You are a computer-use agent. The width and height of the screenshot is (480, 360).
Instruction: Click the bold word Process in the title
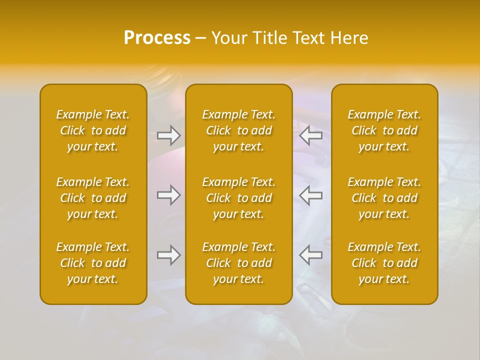point(157,38)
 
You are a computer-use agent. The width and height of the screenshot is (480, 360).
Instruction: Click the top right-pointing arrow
point(168,135)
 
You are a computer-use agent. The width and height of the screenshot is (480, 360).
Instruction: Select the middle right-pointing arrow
point(168,195)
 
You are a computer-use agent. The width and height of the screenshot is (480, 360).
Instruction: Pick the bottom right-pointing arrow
point(168,255)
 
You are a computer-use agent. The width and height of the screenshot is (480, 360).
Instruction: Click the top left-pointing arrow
point(310,135)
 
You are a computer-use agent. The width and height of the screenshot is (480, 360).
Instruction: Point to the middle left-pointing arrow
point(310,195)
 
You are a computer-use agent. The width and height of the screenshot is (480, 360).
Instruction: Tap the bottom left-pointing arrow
point(310,255)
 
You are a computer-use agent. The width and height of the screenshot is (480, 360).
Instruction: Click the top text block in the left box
point(93,130)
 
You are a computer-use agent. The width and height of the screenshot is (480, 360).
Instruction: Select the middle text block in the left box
point(93,198)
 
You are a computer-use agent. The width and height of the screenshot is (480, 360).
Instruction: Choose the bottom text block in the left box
point(93,263)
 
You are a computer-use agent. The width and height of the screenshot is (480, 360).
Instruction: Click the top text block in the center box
point(239,130)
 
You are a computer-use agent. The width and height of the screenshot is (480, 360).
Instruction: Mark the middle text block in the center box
point(239,198)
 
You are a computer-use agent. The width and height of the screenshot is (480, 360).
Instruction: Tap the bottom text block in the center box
point(239,263)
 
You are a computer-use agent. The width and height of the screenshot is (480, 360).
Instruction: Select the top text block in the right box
point(384,130)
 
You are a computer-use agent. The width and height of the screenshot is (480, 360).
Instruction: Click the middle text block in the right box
point(384,198)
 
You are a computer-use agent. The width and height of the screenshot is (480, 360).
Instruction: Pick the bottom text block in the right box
point(384,263)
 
